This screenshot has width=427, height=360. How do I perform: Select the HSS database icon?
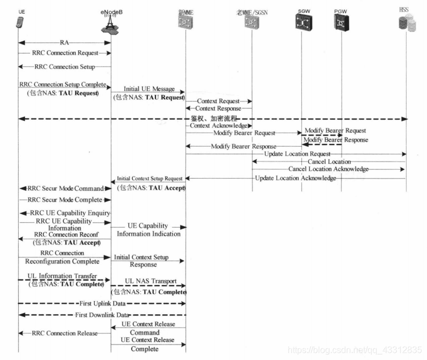click(x=406, y=23)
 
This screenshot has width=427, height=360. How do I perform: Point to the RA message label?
click(x=64, y=42)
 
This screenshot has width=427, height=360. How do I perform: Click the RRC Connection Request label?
click(x=64, y=53)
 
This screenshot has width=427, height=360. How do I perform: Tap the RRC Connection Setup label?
click(x=64, y=67)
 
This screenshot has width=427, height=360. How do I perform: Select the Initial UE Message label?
click(x=149, y=89)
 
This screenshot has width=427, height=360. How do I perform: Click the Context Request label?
click(x=218, y=101)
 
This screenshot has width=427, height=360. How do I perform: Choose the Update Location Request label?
click(x=297, y=154)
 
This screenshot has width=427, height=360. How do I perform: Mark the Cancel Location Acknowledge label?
click(x=328, y=169)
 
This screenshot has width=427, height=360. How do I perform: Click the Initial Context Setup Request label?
click(x=149, y=179)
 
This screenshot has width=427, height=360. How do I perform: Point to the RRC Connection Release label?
click(x=64, y=333)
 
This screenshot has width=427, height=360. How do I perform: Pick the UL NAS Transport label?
click(x=150, y=281)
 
